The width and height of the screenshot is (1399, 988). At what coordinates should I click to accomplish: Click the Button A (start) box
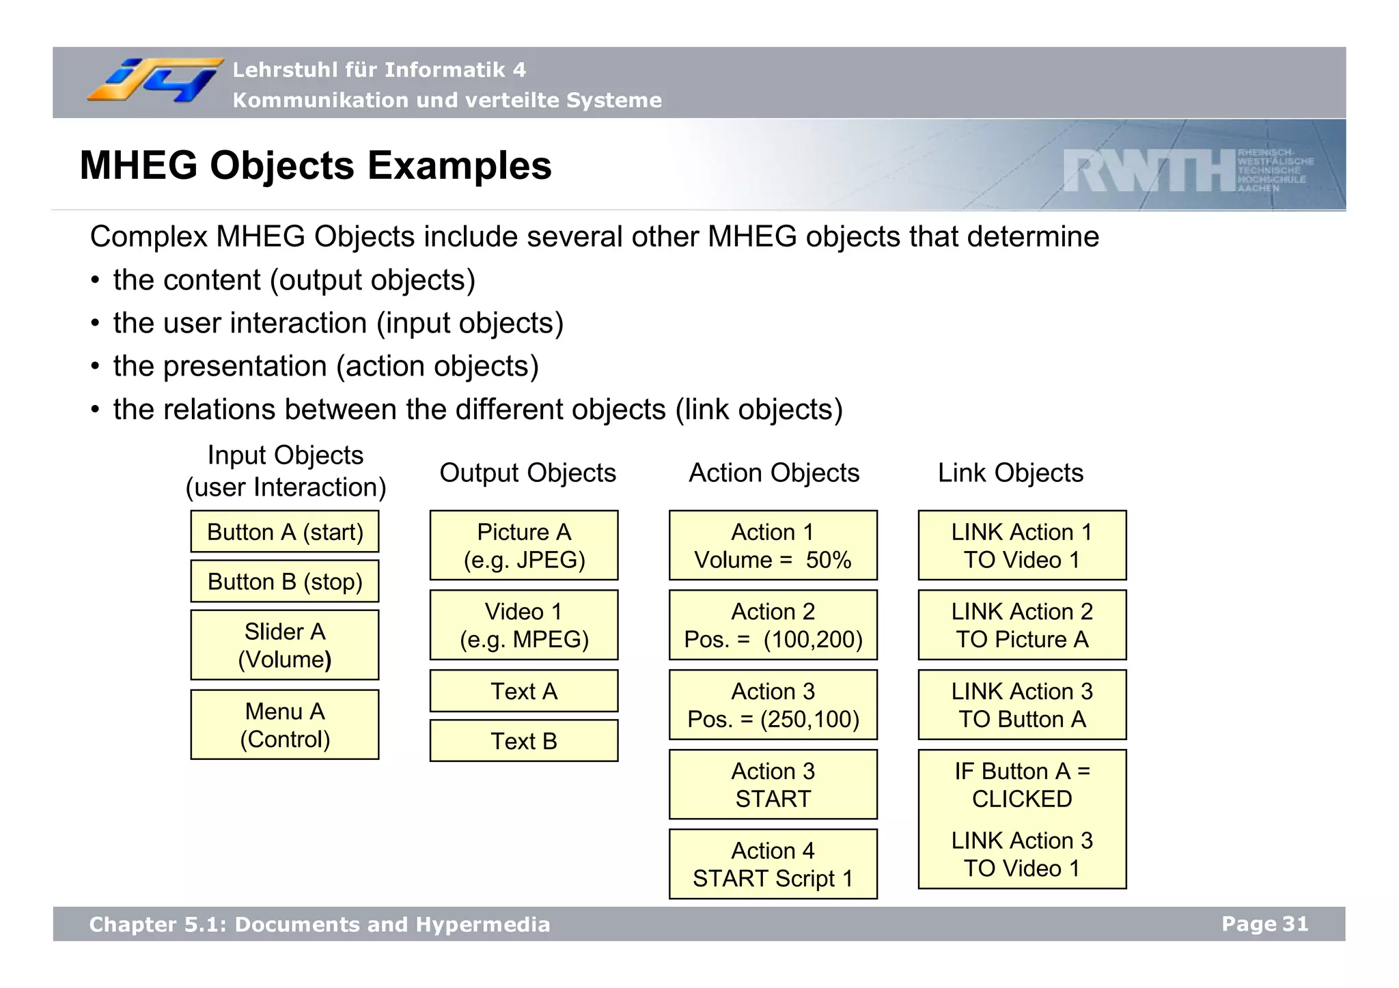coord(285,532)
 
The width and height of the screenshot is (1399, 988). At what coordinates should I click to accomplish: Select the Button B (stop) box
coord(285,582)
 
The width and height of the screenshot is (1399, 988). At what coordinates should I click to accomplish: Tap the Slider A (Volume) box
coord(285,645)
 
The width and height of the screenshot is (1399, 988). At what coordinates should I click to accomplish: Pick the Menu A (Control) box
coord(285,725)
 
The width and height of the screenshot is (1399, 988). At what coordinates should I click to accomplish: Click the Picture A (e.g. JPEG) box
coord(524,546)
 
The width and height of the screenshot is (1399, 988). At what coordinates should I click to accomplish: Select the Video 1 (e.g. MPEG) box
coord(524,625)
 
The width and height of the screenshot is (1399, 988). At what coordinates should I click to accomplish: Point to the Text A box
coord(524,691)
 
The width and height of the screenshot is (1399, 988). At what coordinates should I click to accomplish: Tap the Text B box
coord(524,741)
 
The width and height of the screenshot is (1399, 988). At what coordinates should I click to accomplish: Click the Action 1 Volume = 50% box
coord(773,546)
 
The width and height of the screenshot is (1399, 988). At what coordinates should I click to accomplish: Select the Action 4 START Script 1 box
coord(773,864)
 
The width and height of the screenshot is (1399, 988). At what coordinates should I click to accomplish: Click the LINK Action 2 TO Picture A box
coord(1022,625)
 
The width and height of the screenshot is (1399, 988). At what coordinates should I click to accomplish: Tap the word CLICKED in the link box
coord(1022,799)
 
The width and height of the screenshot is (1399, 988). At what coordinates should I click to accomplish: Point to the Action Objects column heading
coord(774,472)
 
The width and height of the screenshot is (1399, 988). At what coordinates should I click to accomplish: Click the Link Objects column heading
coord(1010,472)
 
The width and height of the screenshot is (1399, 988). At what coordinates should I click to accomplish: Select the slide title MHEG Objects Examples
coord(316,166)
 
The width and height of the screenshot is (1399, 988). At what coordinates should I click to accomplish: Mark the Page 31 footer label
coord(1264,924)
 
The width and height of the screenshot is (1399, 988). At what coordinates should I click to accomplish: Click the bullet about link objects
coord(477,410)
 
